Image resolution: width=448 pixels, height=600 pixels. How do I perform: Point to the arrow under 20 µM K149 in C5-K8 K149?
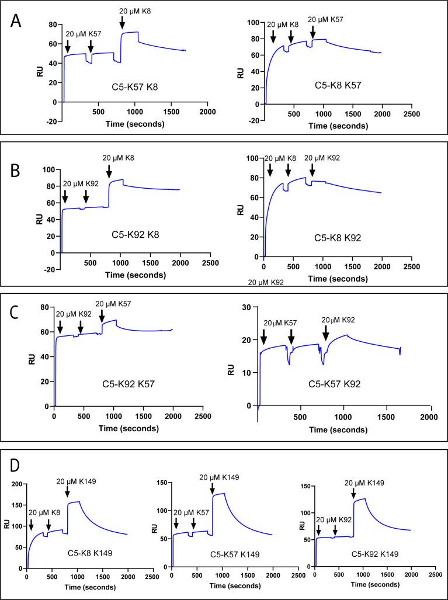[x=68, y=490]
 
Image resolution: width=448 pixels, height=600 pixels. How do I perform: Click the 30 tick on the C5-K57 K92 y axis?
[x=246, y=307]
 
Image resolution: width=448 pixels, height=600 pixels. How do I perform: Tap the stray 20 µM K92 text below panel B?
[x=270, y=282]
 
